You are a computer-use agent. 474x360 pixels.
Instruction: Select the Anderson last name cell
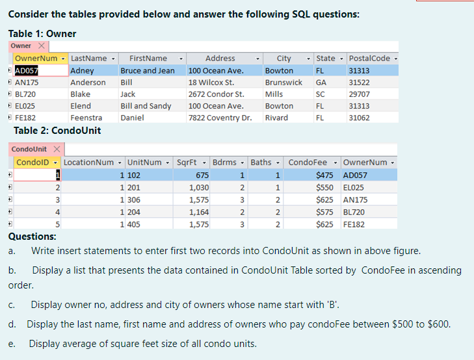click(88, 83)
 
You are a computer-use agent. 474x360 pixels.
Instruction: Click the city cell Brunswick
click(283, 83)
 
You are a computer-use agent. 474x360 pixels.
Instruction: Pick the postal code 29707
click(359, 94)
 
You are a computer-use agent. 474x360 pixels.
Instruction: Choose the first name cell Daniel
click(133, 118)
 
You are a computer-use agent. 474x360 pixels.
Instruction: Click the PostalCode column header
click(369, 58)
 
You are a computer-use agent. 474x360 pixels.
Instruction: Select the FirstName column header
click(148, 58)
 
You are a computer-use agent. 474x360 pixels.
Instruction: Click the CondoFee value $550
click(323, 187)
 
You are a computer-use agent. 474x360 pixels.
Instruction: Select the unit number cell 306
click(133, 199)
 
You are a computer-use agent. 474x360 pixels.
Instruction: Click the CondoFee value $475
click(323, 175)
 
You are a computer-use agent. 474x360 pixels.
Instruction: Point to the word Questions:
click(32, 237)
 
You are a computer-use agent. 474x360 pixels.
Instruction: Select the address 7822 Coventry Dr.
click(220, 118)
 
